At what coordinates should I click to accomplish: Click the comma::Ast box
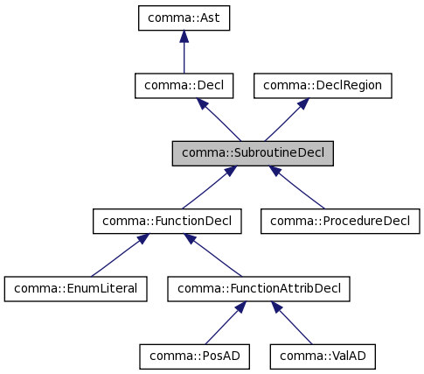pos(184,18)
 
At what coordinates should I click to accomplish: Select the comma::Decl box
pos(184,85)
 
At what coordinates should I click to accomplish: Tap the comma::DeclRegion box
pos(323,85)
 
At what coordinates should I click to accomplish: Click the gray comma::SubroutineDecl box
pos(253,152)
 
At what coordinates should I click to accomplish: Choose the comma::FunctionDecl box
pos(167,221)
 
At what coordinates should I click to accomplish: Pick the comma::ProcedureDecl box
pos(340,221)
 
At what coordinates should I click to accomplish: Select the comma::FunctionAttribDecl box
pos(260,287)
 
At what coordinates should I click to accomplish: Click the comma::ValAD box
pos(323,355)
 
